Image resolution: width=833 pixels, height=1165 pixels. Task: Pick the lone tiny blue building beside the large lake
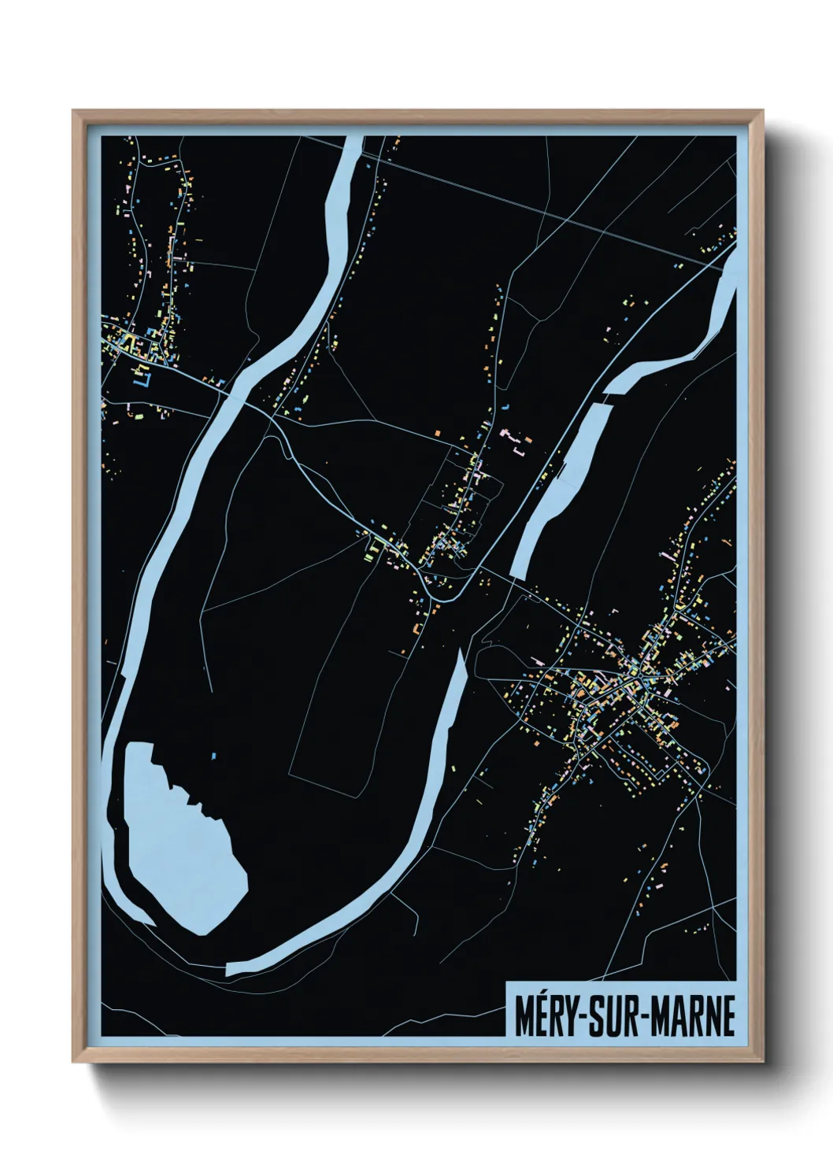[x=213, y=756]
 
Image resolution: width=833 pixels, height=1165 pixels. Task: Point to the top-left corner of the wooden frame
[x=73, y=111]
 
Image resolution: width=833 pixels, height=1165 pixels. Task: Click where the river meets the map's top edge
[x=354, y=138]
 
